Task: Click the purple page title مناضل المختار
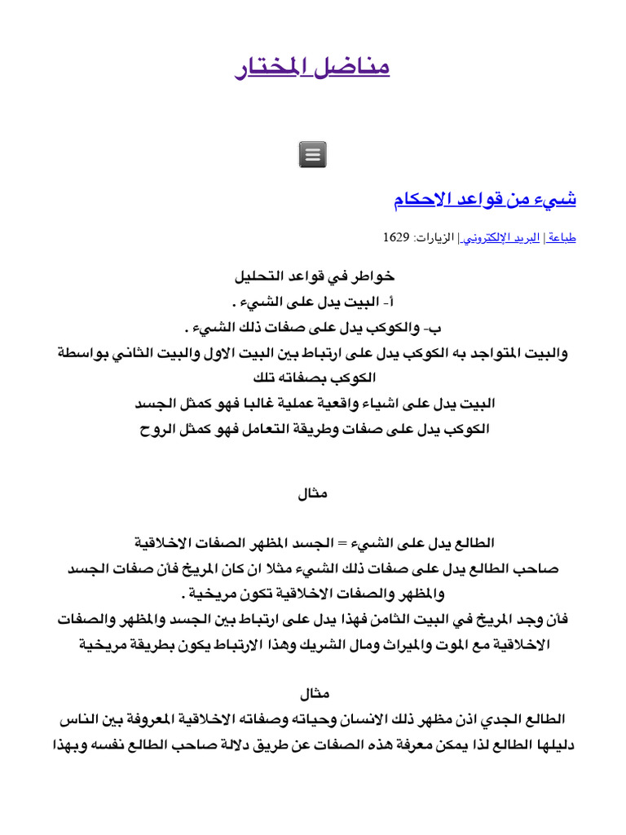pyautogui.click(x=312, y=67)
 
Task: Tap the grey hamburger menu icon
pyautogui.click(x=313, y=154)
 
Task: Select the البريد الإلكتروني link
pyautogui.click(x=502, y=237)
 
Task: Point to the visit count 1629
pyautogui.click(x=395, y=237)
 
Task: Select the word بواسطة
pyautogui.click(x=86, y=353)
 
